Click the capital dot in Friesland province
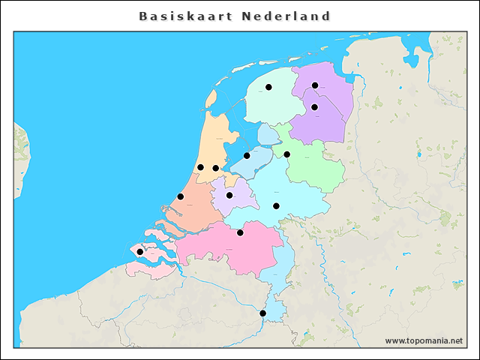pyautogui.click(x=268, y=87)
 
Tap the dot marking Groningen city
pyautogui.click(x=315, y=85)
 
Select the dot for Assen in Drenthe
pyautogui.click(x=315, y=107)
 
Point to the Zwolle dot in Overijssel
pyautogui.click(x=286, y=154)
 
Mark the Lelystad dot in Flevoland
pyautogui.click(x=247, y=156)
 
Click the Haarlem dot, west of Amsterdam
pyautogui.click(x=200, y=167)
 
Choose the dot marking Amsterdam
pyautogui.click(x=215, y=168)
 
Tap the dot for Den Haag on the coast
pyautogui.click(x=181, y=196)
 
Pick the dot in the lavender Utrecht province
pyautogui.click(x=229, y=195)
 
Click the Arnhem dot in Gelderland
pyautogui.click(x=276, y=205)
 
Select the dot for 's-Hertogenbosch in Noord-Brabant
pyautogui.click(x=240, y=232)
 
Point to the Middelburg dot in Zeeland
pyautogui.click(x=139, y=252)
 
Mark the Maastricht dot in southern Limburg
pyautogui.click(x=262, y=313)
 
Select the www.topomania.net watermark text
pyautogui.click(x=424, y=341)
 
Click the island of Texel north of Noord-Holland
pyautogui.click(x=211, y=98)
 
